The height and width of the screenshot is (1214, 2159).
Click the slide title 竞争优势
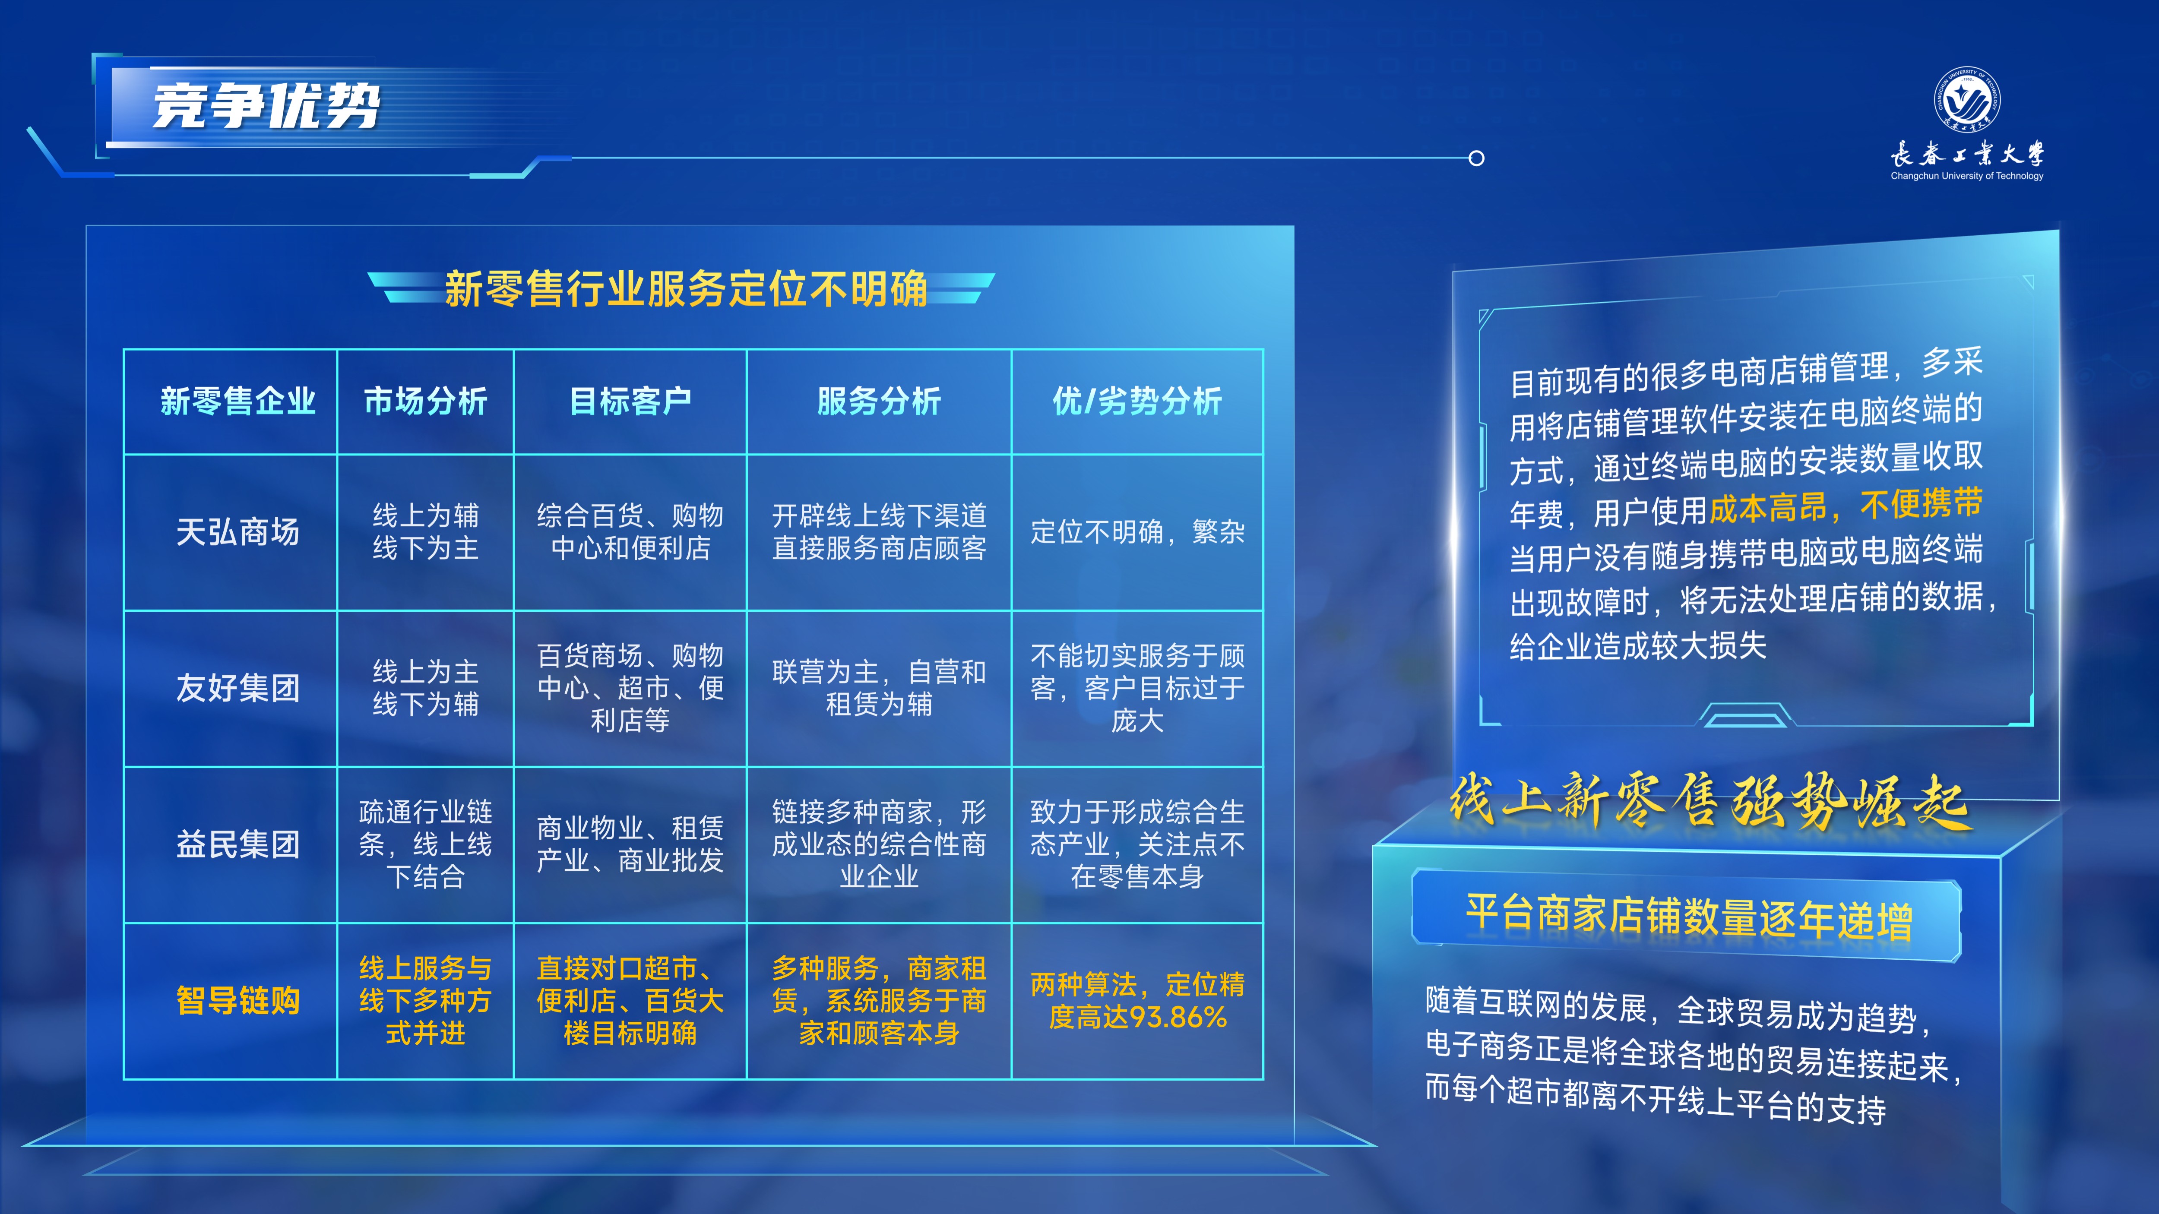pyautogui.click(x=266, y=106)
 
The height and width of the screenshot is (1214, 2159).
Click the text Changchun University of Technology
pyautogui.click(x=1966, y=176)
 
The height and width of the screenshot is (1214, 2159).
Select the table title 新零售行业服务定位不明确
pyautogui.click(x=686, y=288)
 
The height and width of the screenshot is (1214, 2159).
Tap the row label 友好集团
pyautogui.click(x=238, y=688)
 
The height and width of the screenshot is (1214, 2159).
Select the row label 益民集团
pyautogui.click(x=238, y=844)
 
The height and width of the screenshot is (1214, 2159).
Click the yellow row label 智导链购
pyautogui.click(x=238, y=1000)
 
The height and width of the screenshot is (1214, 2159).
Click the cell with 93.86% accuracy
pyautogui.click(x=1137, y=1000)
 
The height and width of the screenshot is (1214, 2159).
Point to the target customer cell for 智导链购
pyautogui.click(x=630, y=1000)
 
